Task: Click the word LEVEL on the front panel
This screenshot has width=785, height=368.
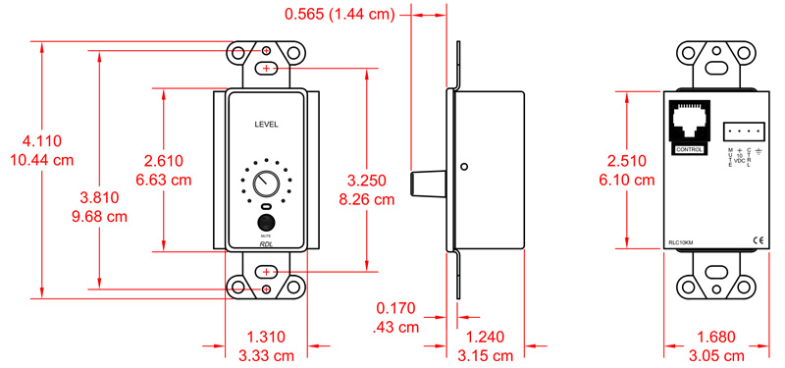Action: (266, 125)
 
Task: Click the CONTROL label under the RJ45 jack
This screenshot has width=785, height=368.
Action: (690, 149)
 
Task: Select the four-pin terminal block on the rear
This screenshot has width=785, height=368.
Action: (743, 132)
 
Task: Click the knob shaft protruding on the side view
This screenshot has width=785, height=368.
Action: (430, 182)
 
